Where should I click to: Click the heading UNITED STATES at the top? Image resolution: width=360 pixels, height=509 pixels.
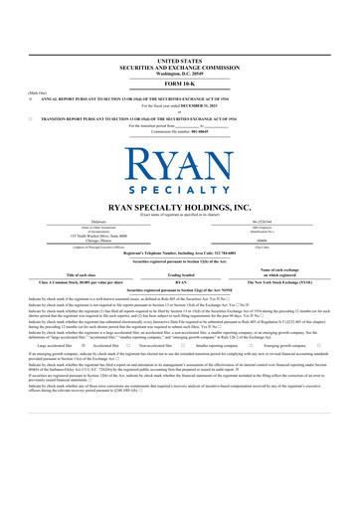tap(179, 33)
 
